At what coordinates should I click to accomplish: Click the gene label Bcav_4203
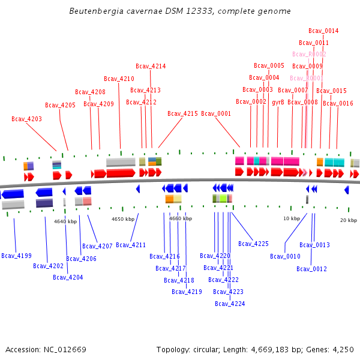[x=26, y=119]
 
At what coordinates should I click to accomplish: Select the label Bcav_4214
[x=151, y=66]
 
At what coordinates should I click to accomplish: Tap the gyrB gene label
[x=278, y=102]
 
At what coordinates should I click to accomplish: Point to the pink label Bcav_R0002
[x=309, y=54]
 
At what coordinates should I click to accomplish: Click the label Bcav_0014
[x=323, y=31]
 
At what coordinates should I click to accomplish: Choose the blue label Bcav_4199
[x=16, y=256]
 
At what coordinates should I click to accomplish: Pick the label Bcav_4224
[x=230, y=304]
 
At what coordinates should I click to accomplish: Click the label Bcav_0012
[x=311, y=269]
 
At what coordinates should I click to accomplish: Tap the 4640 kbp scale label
[x=65, y=221]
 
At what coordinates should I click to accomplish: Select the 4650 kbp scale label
[x=123, y=219]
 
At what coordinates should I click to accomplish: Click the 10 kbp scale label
[x=292, y=218]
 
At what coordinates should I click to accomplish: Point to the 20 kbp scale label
[x=349, y=220]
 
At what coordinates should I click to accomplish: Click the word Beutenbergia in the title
[x=92, y=11]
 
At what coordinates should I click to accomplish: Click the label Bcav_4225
[x=253, y=244]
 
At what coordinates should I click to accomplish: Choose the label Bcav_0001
[x=216, y=113]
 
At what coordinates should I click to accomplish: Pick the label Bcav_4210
[x=119, y=79]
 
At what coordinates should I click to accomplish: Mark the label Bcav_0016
[x=338, y=103]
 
